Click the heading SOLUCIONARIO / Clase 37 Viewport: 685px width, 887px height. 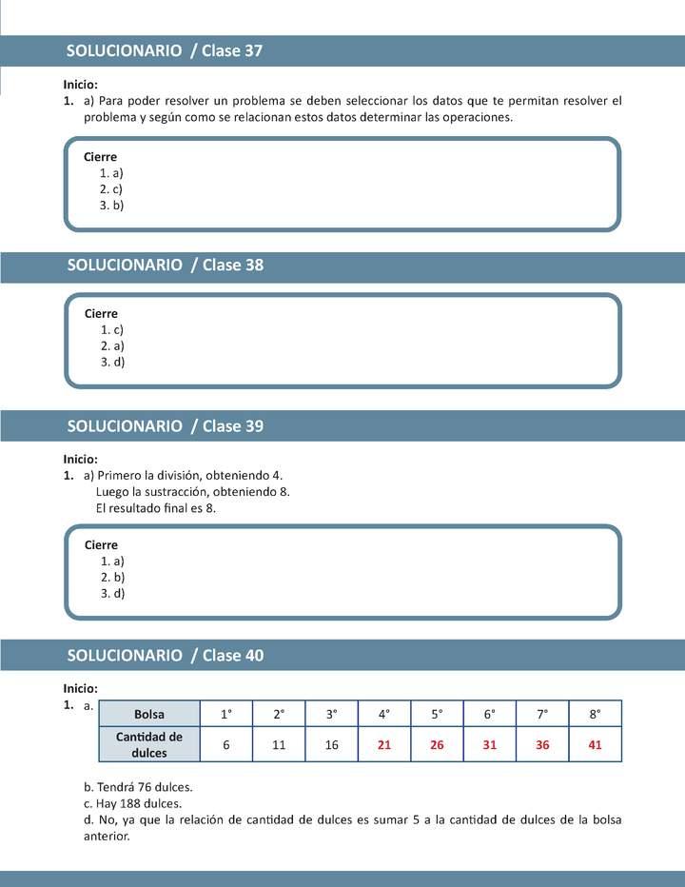[165, 51]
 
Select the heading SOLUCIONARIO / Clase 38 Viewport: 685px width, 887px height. [165, 266]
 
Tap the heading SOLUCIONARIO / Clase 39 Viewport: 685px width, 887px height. [165, 426]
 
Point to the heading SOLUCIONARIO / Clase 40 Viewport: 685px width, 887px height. [165, 656]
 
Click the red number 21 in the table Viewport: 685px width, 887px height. [384, 745]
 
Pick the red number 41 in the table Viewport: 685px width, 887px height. [595, 745]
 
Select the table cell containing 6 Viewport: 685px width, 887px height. [226, 745]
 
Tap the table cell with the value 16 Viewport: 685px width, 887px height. [332, 745]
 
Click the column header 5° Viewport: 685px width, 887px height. [437, 714]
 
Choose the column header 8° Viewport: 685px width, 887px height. [595, 714]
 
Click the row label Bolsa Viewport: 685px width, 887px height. [149, 714]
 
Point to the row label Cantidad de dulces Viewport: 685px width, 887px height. [149, 744]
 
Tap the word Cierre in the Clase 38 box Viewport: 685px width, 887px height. [101, 313]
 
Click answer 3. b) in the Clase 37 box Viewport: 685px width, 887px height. [112, 205]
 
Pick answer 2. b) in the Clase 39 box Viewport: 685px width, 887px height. [112, 577]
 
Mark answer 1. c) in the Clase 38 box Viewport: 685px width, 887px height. [112, 329]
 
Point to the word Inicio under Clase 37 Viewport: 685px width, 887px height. [81, 85]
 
